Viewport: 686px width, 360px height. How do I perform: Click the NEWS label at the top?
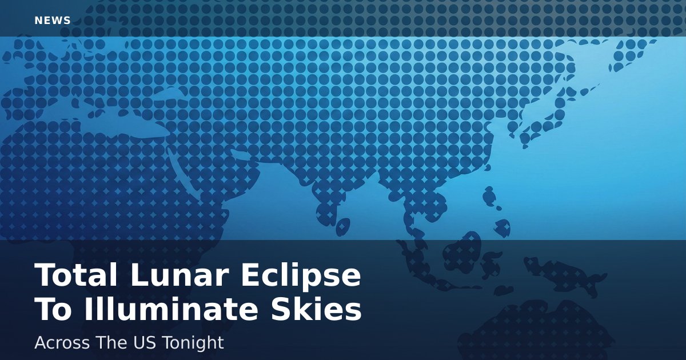[53, 21]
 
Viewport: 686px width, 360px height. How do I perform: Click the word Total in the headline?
[76, 275]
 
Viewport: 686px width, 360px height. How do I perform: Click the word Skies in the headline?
[316, 309]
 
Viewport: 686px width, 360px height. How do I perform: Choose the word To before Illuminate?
[53, 309]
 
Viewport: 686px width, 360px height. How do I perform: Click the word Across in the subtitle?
[62, 343]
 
